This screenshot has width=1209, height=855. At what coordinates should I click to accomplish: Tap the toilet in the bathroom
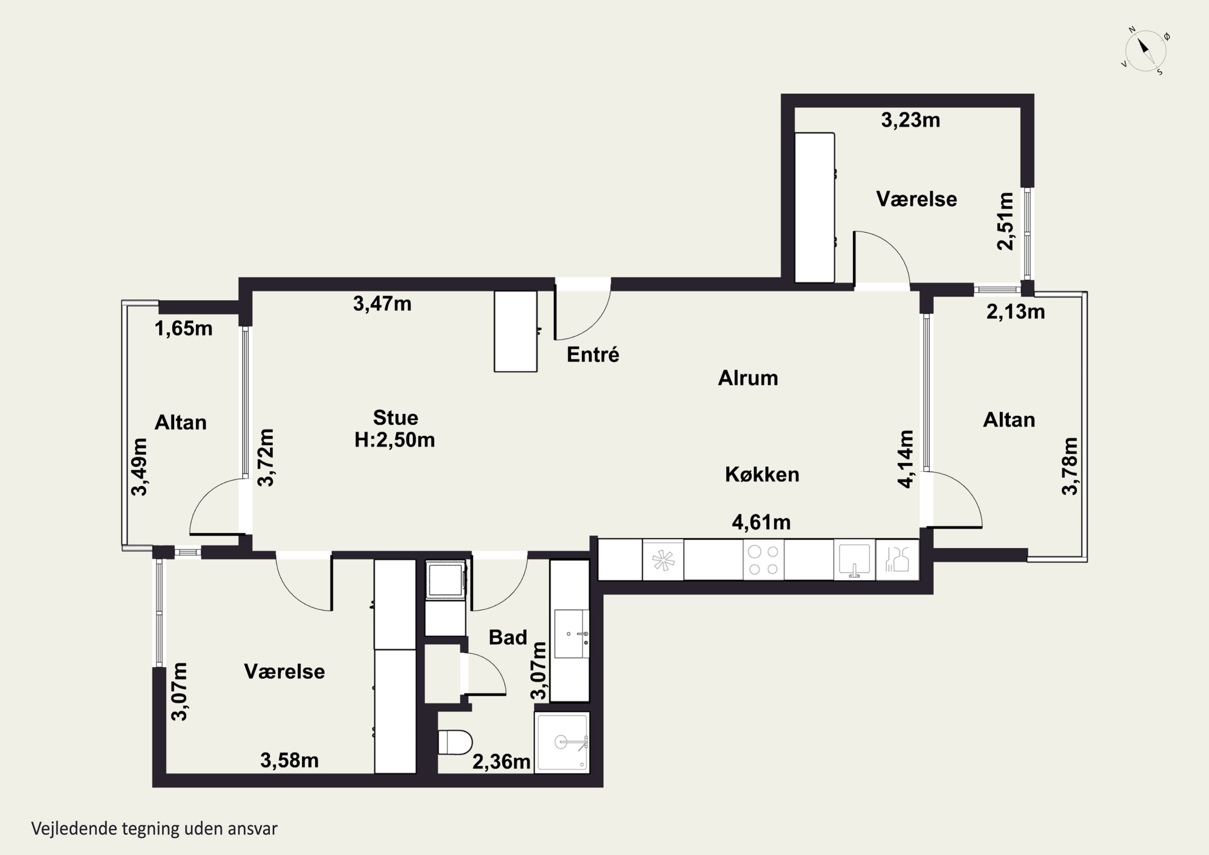tap(455, 742)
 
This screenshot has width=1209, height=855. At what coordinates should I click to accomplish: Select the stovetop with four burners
tap(764, 560)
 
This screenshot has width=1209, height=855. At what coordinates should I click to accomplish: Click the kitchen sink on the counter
tap(854, 560)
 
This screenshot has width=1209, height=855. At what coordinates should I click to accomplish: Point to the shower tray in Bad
tap(562, 743)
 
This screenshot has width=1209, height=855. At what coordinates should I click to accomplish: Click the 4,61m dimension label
tap(761, 522)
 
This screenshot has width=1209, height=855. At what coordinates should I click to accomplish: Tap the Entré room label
tap(593, 355)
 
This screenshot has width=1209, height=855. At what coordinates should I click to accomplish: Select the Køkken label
tap(762, 474)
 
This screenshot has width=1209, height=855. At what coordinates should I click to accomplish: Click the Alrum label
tap(748, 378)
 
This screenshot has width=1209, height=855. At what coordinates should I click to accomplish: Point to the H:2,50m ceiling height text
tap(395, 440)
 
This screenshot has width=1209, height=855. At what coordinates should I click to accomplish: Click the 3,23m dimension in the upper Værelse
tap(910, 120)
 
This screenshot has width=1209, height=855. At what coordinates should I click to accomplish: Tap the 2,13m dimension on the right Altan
tap(1016, 312)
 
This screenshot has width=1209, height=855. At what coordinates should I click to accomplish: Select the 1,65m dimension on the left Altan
tap(183, 329)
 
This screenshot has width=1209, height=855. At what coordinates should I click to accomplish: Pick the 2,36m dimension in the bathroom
tap(501, 762)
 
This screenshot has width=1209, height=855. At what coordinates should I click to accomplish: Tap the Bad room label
tap(508, 637)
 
